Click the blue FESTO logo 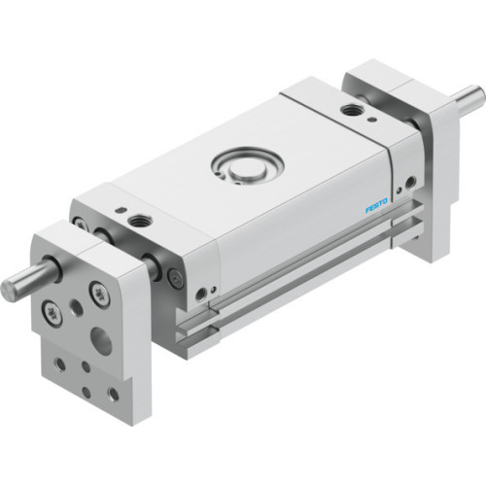[376, 205]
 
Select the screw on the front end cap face [175, 279]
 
